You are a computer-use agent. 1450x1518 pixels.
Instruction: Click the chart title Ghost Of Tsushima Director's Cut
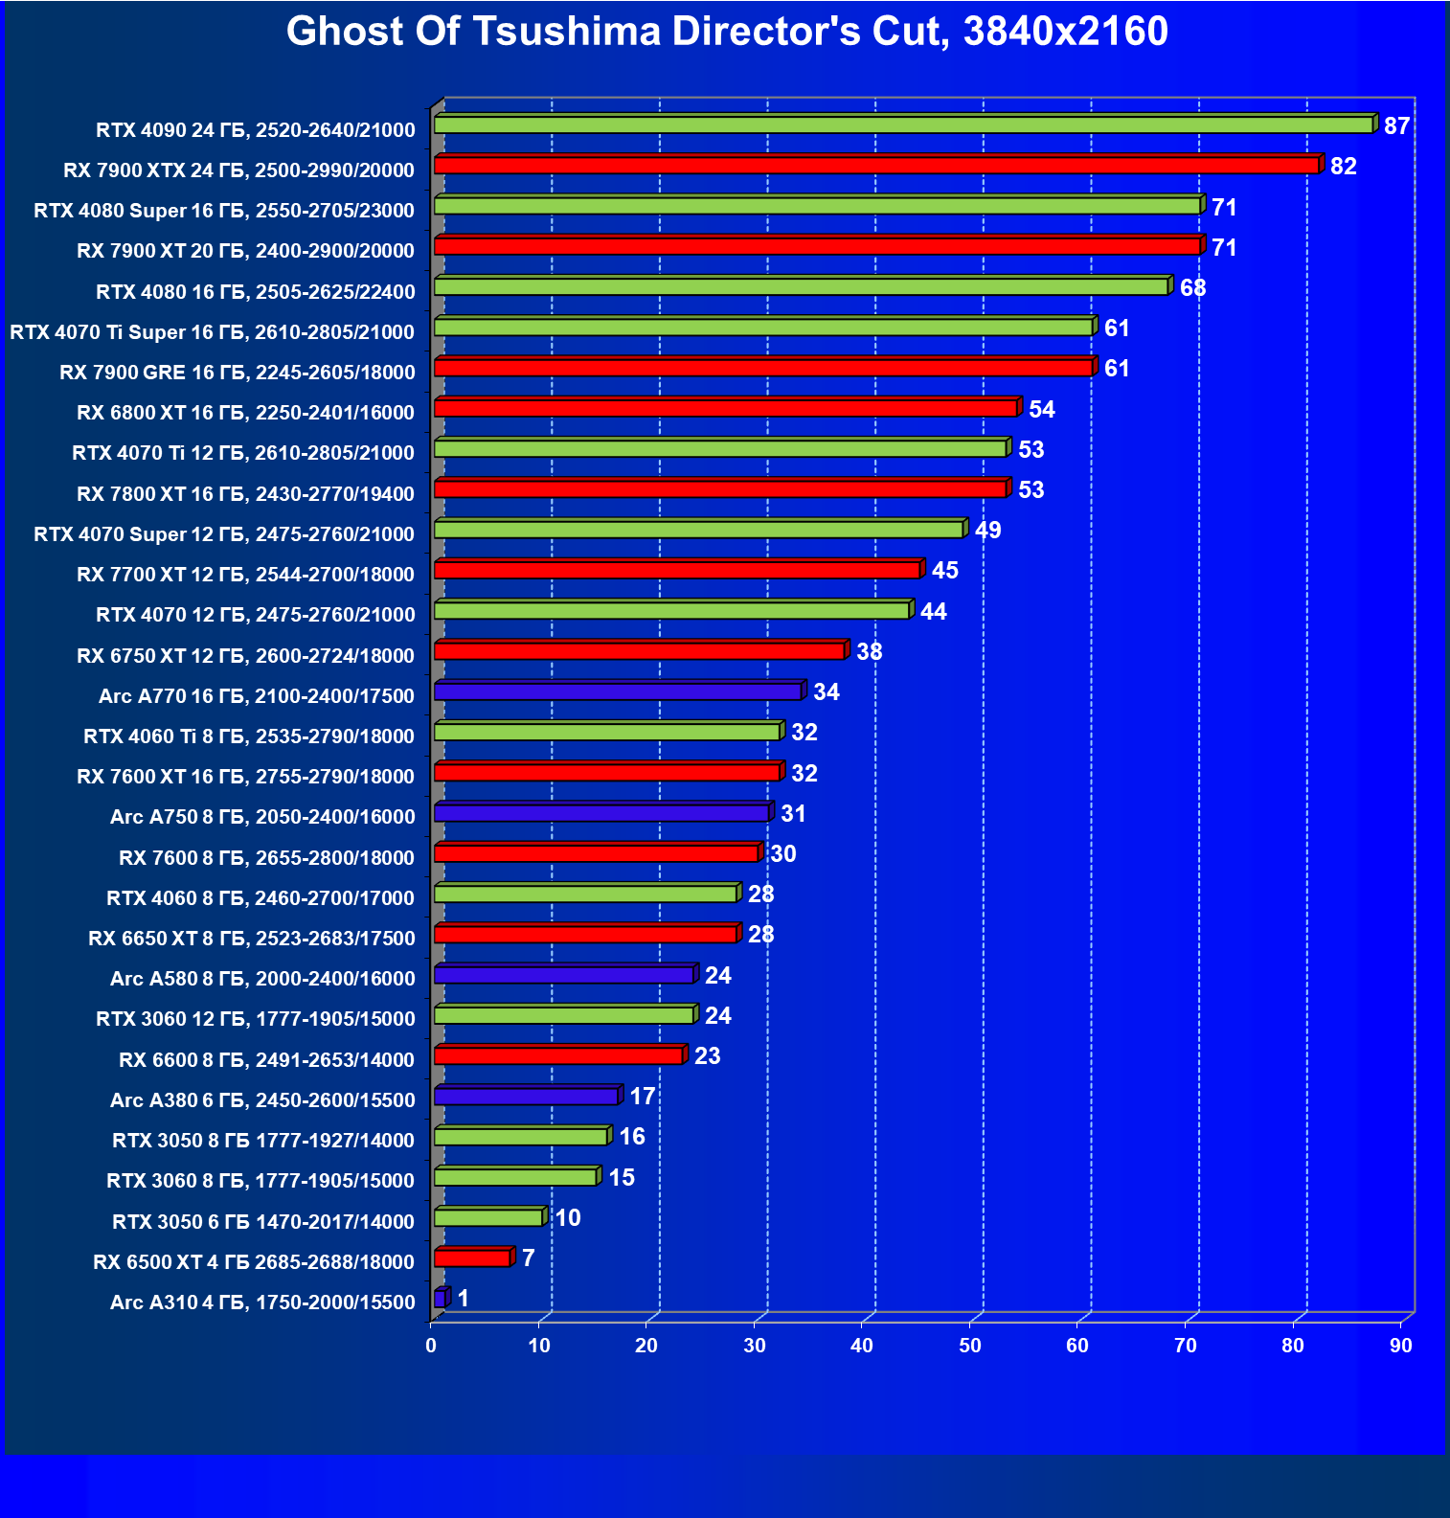pos(726,32)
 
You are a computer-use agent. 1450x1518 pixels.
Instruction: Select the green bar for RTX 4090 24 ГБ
pos(903,125)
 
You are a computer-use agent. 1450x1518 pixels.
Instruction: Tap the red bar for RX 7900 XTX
pos(876,166)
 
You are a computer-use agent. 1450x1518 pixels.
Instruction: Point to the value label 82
pos(1343,167)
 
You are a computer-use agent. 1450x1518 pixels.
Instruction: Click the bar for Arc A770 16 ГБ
pos(618,691)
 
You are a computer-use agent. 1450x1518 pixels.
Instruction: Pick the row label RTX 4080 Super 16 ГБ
pos(224,211)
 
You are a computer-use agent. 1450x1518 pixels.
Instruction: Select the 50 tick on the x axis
pos(970,1346)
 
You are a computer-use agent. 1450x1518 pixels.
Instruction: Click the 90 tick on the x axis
pos(1401,1346)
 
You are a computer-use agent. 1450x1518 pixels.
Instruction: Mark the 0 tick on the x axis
pos(431,1346)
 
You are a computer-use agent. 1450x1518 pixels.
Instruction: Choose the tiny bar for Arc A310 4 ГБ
pos(440,1299)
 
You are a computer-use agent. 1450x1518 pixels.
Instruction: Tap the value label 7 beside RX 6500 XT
pos(528,1258)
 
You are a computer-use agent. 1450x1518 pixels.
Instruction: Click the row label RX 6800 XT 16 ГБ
pos(245,413)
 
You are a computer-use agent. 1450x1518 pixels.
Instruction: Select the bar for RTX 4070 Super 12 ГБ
pos(698,530)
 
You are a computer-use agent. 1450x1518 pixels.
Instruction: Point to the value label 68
pos(1192,288)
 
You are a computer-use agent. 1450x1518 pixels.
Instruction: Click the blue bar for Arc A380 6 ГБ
pos(526,1097)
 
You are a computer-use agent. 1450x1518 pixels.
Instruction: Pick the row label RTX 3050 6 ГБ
pos(262,1222)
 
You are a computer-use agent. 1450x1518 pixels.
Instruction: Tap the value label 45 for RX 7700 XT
pos(944,571)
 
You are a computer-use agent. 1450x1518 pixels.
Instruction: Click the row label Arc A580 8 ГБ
pos(262,979)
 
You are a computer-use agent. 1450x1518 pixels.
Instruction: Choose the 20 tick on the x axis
pos(646,1346)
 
